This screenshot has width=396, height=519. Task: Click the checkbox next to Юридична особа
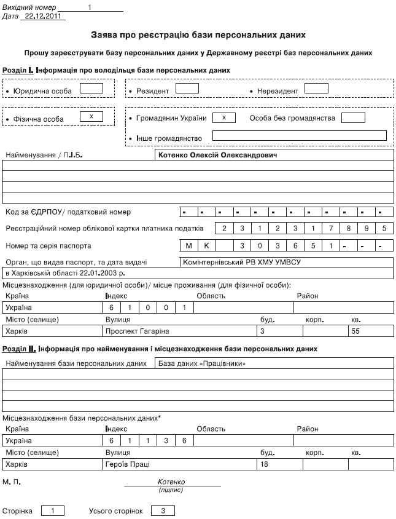(91, 88)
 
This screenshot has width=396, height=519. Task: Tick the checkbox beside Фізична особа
(91, 116)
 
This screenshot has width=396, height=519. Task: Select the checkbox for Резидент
(187, 88)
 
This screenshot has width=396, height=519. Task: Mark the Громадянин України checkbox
(224, 117)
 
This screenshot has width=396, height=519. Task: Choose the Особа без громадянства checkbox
(353, 117)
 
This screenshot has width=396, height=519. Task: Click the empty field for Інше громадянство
(298, 136)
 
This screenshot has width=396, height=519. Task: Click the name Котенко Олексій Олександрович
(218, 156)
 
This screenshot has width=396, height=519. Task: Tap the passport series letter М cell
(189, 245)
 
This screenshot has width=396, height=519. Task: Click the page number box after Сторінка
(53, 510)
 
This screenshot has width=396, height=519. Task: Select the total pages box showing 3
(163, 510)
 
